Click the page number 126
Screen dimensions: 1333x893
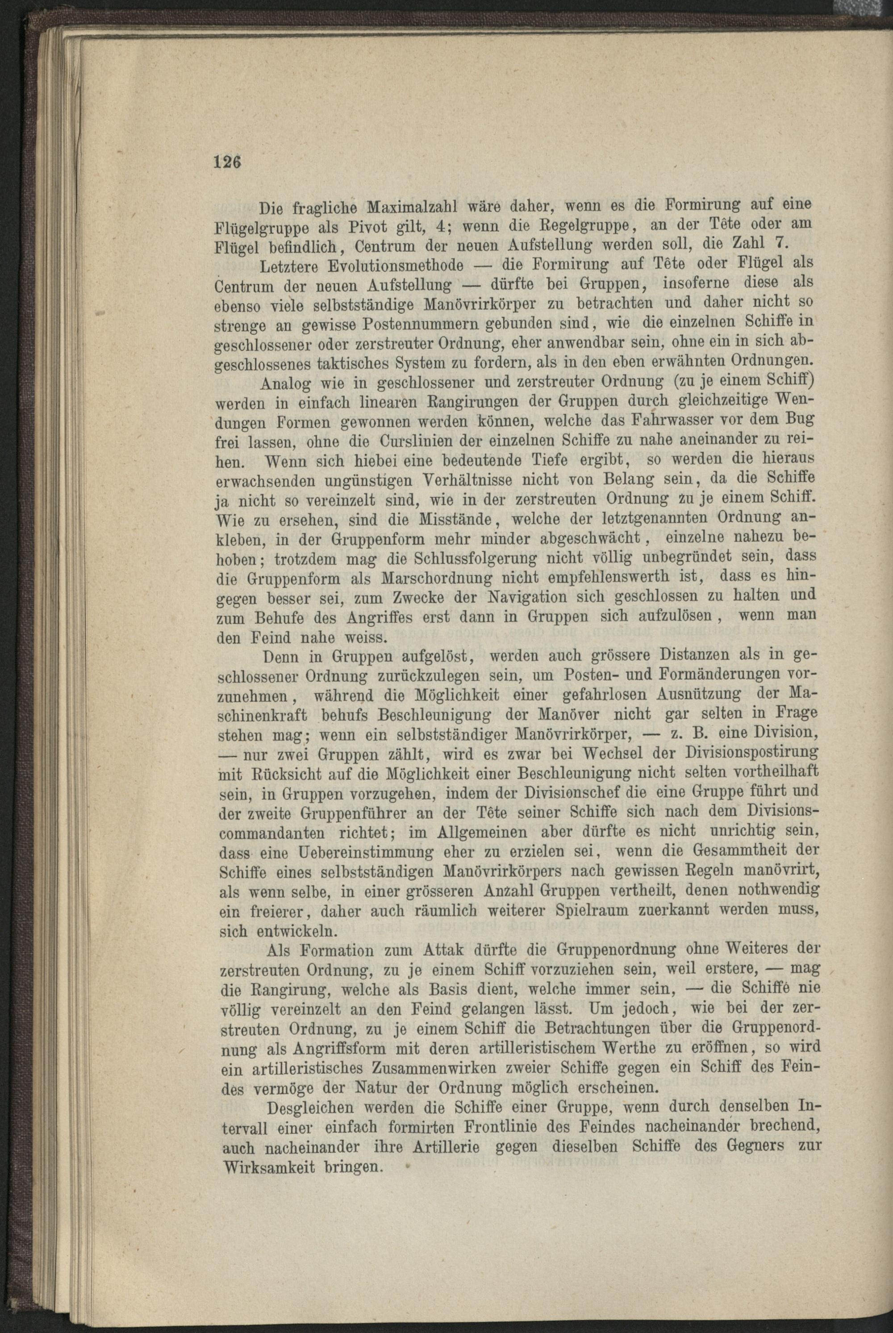pyautogui.click(x=227, y=162)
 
